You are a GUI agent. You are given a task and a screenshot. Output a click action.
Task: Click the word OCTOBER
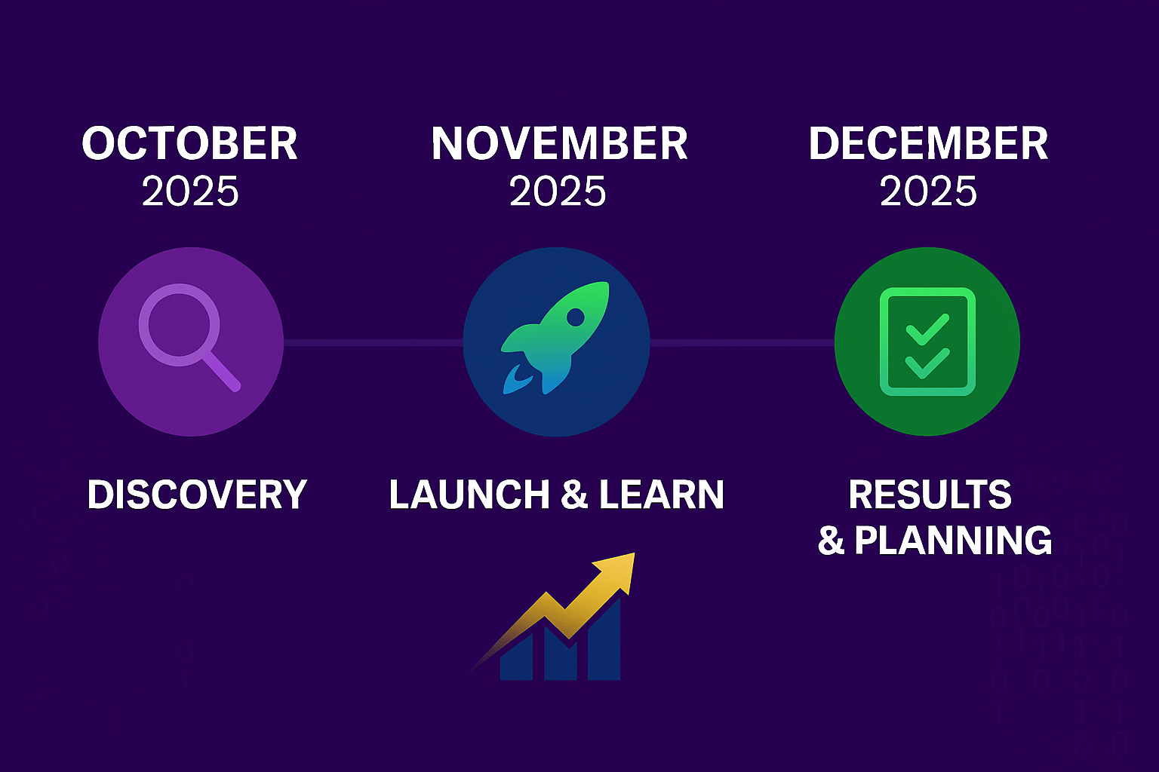point(189,143)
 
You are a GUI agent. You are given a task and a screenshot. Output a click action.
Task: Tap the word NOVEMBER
point(559,143)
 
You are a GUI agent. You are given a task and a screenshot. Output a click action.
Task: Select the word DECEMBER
point(928,143)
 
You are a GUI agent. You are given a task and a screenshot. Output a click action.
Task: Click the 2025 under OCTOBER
point(190,191)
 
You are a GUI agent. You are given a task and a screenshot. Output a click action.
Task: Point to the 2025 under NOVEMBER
point(558,191)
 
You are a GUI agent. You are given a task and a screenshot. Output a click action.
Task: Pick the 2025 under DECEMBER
point(928,191)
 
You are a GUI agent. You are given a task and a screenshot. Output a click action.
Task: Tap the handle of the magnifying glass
point(221,372)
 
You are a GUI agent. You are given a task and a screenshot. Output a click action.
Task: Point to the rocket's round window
point(575,316)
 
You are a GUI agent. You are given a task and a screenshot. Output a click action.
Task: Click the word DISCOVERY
point(197,495)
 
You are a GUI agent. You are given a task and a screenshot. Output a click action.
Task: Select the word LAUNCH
point(469,495)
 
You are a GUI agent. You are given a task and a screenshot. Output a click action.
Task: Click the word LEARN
point(662,495)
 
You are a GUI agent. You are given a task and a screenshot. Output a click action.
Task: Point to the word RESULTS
point(930,495)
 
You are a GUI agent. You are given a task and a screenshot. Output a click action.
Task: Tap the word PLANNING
point(953,540)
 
